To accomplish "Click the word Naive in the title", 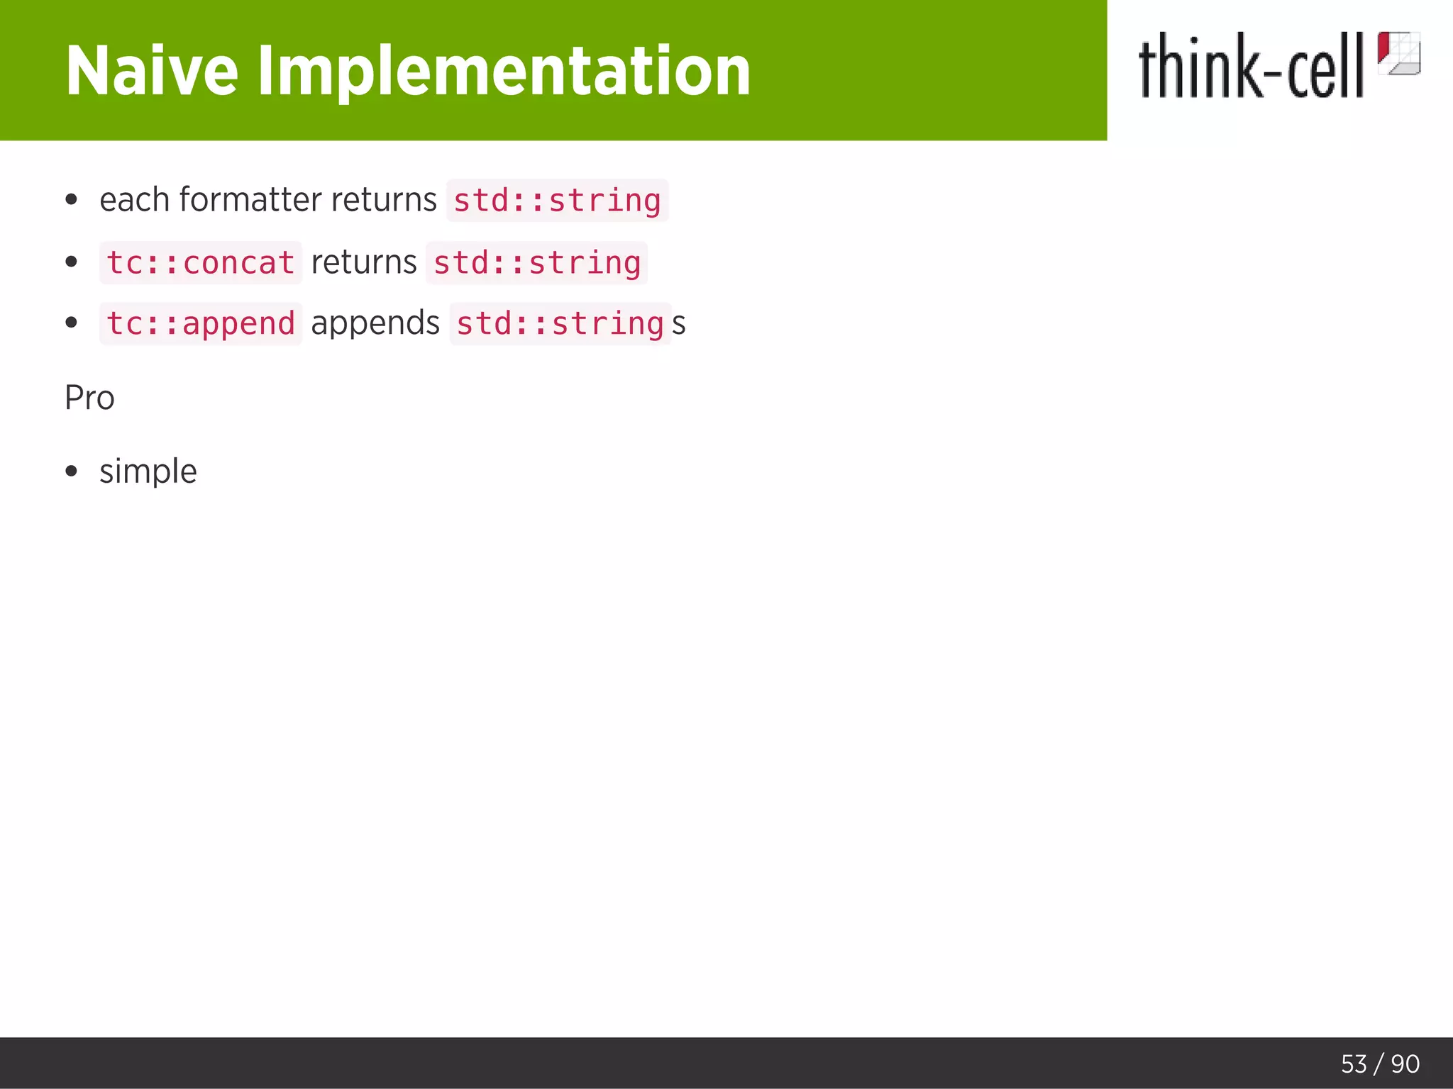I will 151,71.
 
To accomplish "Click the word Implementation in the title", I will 503,71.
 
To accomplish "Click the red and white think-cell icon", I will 1398,53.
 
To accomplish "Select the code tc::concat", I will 200,263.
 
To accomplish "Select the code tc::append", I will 200,324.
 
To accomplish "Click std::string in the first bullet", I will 557,201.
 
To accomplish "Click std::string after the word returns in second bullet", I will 536,263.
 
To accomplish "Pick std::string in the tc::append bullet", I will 560,324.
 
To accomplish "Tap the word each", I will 135,200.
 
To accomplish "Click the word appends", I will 375,324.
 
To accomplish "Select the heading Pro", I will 89,398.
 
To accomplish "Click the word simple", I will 148,472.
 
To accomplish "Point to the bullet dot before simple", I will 71,471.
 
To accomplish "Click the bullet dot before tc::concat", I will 71,262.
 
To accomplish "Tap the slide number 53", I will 1354,1064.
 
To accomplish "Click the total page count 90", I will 1405,1064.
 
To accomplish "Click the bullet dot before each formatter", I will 71,200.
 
